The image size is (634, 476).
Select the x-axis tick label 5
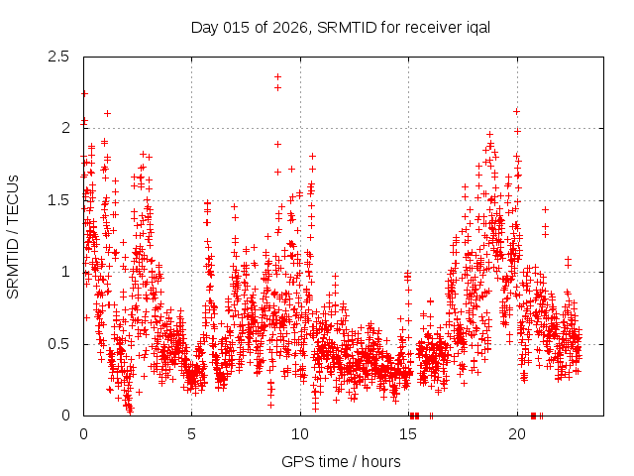coord(192,434)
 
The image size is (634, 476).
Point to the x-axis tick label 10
coord(300,434)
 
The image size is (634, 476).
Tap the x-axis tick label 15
coord(408,434)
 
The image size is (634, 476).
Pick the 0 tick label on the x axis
coord(84,434)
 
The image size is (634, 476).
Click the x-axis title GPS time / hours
coord(341,461)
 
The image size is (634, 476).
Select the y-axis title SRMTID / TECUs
coord(14,237)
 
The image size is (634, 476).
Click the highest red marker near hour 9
coord(278,76)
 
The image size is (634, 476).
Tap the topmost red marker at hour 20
coord(517,111)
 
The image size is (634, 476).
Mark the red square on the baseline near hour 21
coord(534,416)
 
